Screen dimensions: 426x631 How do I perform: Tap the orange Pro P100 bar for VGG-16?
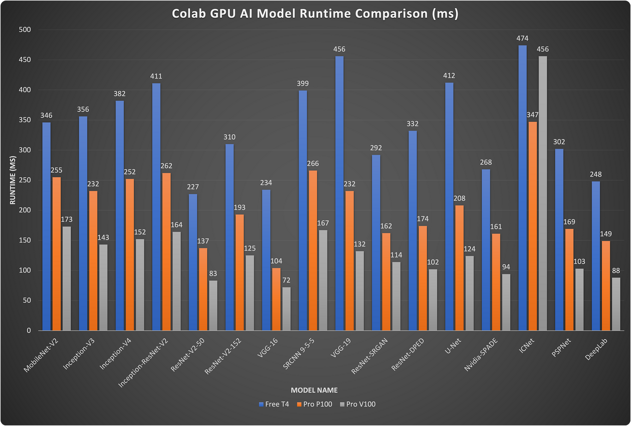point(276,299)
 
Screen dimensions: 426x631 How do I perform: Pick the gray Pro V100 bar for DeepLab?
point(616,304)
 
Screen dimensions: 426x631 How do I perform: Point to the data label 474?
point(522,38)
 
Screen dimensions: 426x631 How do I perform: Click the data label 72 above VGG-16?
point(286,280)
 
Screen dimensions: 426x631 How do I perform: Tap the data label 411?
point(156,76)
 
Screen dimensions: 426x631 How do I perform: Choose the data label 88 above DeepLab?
point(616,271)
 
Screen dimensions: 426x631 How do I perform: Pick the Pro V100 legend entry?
point(358,404)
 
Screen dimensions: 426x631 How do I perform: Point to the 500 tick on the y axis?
point(25,30)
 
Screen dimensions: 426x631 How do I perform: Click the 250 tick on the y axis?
point(25,180)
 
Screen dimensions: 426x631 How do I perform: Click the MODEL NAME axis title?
point(314,390)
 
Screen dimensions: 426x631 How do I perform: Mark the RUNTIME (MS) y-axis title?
point(13,180)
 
